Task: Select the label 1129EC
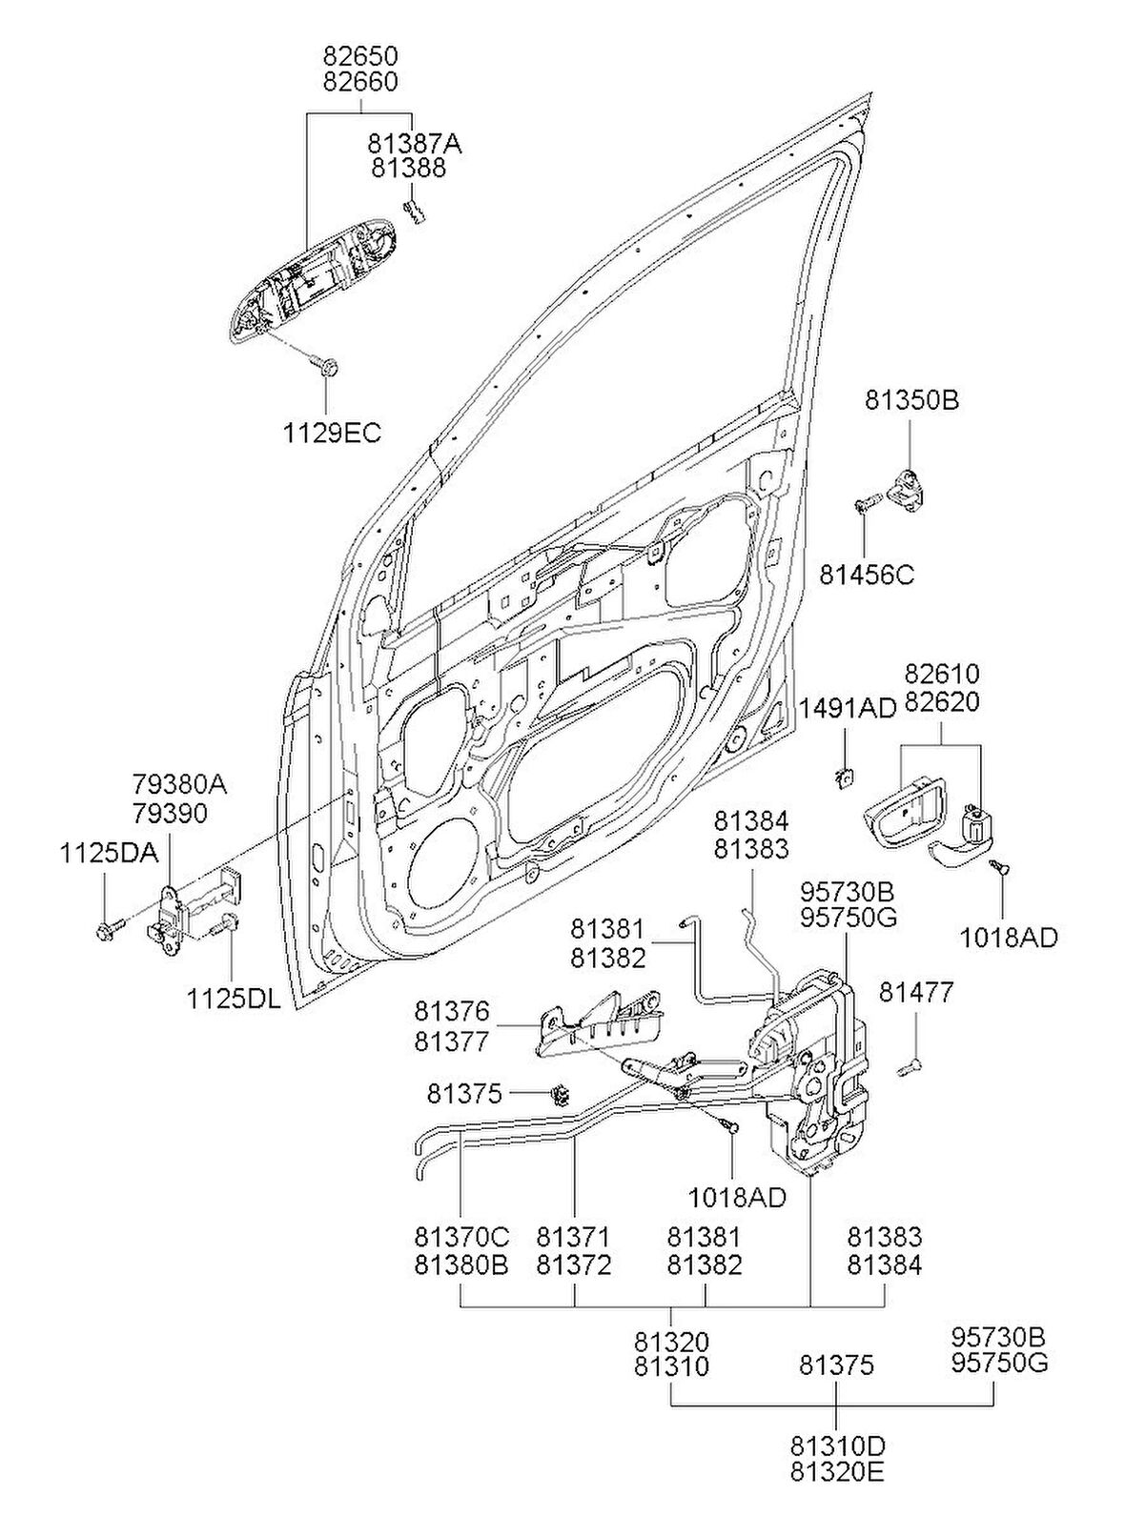pos(331,433)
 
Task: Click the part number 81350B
pos(911,400)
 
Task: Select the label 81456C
pos(867,575)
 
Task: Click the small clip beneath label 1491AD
pos(843,778)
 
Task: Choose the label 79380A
pos(179,785)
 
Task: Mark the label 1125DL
pos(234,999)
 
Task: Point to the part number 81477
pos(915,992)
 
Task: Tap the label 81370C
pos(461,1237)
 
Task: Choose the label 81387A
pos(414,143)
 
